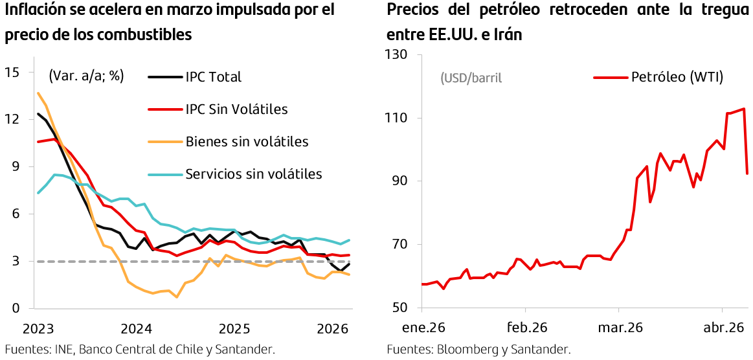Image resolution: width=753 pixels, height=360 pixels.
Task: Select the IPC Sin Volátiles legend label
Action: pyautogui.click(x=236, y=109)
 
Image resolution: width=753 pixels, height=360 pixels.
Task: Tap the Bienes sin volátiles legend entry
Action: pyautogui.click(x=247, y=142)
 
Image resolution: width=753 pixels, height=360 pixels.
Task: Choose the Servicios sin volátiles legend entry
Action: pyautogui.click(x=253, y=174)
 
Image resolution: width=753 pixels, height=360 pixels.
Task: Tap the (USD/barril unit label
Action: pyautogui.click(x=471, y=78)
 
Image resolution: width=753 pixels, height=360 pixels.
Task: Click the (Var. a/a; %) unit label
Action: pyautogui.click(x=86, y=76)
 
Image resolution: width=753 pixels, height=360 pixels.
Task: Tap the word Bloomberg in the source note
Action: pyautogui.click(x=467, y=350)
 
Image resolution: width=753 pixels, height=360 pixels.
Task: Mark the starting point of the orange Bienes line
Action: pyautogui.click(x=38, y=93)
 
